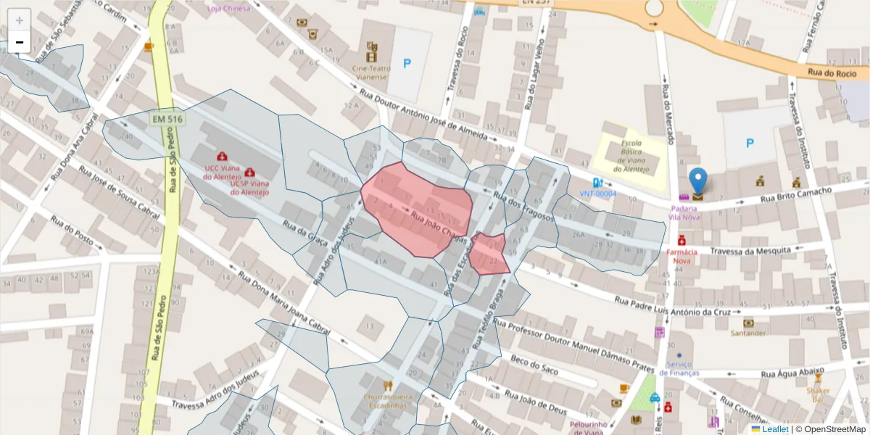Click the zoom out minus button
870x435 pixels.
20,43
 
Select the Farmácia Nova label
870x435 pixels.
681,256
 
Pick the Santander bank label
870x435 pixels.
748,333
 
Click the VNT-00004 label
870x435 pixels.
597,194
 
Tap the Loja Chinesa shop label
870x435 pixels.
228,8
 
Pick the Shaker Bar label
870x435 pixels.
818,394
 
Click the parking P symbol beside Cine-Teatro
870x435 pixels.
407,64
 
